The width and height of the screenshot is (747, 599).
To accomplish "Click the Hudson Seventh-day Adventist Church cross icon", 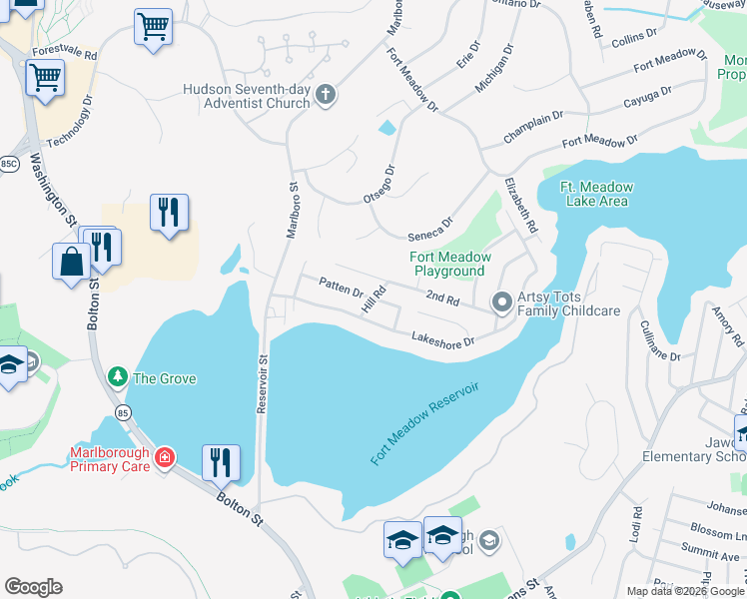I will [325, 96].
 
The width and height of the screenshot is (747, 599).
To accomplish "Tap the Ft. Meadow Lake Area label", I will [593, 193].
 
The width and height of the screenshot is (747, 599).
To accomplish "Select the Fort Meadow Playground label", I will [450, 264].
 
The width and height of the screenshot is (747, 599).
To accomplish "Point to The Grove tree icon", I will [118, 377].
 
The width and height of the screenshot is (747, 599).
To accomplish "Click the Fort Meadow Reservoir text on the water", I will [424, 421].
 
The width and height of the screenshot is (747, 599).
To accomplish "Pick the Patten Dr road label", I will [342, 290].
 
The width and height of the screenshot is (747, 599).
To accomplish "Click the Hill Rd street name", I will [373, 300].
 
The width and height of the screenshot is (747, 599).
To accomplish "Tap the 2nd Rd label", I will [442, 299].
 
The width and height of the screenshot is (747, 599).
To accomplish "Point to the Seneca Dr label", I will [430, 230].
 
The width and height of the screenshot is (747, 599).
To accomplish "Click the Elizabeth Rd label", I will [520, 206].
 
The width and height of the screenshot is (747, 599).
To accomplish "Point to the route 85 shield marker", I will [123, 411].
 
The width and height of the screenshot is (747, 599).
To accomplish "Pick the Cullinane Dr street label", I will [660, 340].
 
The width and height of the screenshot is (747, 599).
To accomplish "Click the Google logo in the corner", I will [33, 587].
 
